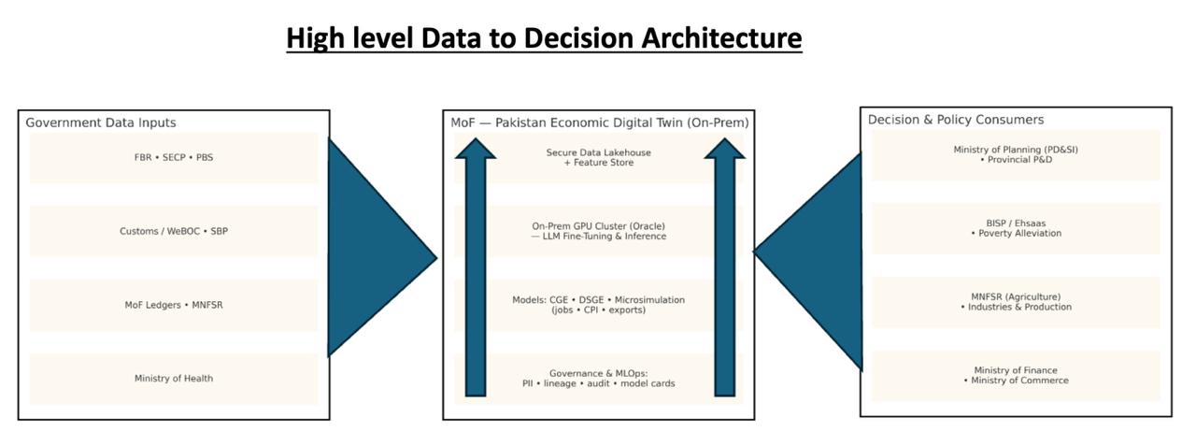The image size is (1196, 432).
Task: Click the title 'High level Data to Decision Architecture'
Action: click(x=544, y=38)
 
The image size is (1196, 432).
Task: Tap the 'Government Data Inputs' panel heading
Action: click(x=100, y=122)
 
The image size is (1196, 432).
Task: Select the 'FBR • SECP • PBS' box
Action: click(x=174, y=157)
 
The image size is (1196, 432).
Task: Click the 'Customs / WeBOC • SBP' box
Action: click(x=174, y=231)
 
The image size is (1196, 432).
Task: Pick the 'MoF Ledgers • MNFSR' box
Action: click(x=174, y=305)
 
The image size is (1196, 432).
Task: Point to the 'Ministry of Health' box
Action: click(x=174, y=379)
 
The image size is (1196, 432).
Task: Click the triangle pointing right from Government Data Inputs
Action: click(x=374, y=252)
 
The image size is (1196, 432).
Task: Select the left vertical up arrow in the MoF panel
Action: click(x=477, y=271)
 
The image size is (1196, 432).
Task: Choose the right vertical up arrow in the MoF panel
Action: click(x=725, y=271)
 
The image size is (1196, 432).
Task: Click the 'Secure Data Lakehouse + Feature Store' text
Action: click(x=599, y=157)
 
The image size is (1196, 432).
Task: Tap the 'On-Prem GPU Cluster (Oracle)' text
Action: click(x=599, y=226)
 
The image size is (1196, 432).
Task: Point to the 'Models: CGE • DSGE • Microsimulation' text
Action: click(x=599, y=300)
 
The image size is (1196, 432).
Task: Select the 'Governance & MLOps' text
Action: click(x=599, y=373)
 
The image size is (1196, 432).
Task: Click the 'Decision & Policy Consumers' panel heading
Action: click(x=956, y=120)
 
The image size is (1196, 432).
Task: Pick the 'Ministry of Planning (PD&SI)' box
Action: click(x=1015, y=154)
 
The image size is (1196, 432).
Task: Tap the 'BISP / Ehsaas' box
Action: click(x=1015, y=228)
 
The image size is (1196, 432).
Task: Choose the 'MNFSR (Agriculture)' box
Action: click(x=1015, y=302)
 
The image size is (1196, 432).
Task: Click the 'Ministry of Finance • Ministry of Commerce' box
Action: click(x=1015, y=376)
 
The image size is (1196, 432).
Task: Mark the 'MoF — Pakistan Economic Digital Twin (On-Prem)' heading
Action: click(x=599, y=122)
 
